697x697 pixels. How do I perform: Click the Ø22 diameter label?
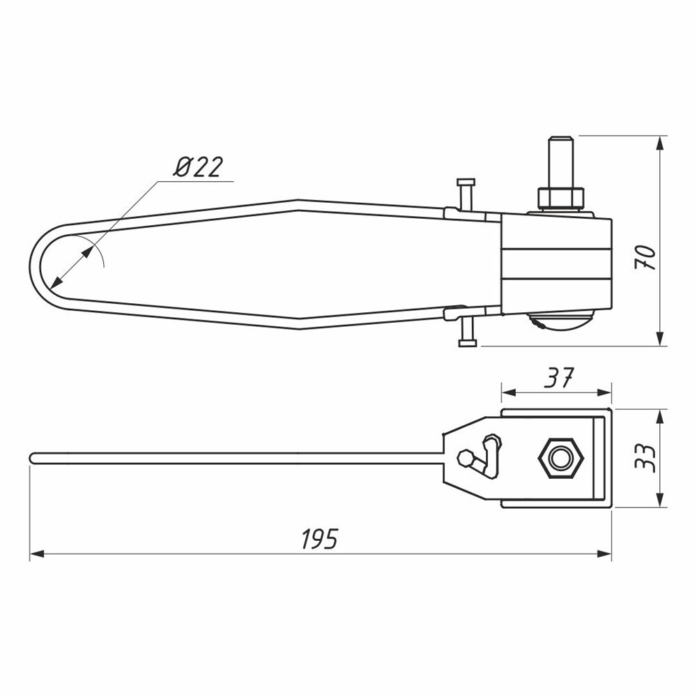[x=198, y=167]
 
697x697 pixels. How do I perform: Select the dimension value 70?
[x=646, y=257]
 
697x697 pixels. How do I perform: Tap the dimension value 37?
[x=559, y=378]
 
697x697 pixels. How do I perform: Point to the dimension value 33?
[x=646, y=459]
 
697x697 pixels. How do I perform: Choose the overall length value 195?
[x=320, y=539]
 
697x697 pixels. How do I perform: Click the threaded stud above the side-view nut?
[x=560, y=162]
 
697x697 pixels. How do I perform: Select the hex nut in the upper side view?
[x=560, y=199]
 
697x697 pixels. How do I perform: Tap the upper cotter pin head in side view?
[x=466, y=182]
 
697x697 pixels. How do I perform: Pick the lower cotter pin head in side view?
[x=467, y=343]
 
